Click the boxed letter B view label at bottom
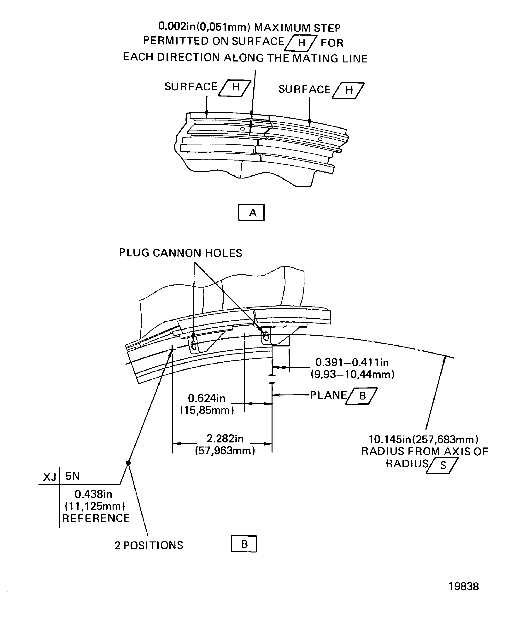tap(244, 544)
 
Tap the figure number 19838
tap(463, 586)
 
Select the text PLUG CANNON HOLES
tap(180, 253)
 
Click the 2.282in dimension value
tap(225, 439)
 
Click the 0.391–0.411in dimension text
tap(352, 362)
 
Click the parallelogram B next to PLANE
tap(362, 396)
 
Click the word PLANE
tap(328, 395)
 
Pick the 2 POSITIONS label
tap(149, 545)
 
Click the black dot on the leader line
tap(128, 463)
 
